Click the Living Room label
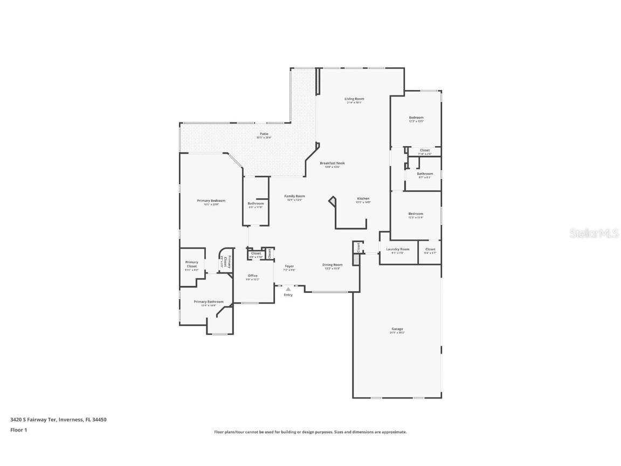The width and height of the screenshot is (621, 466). tap(354, 99)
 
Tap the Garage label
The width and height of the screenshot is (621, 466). tap(397, 329)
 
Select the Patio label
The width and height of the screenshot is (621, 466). tap(264, 134)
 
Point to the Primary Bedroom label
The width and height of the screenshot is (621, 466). tap(211, 201)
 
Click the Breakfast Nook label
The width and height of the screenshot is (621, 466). tap(332, 163)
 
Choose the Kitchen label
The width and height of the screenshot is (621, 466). tap(363, 198)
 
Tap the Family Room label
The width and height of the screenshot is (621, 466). tap(295, 196)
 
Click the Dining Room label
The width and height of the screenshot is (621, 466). tap(332, 265)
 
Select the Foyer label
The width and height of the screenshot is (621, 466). tap(289, 266)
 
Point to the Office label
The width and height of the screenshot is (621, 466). tap(253, 276)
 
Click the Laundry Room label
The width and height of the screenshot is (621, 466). tap(397, 249)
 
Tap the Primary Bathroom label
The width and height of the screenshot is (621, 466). tap(208, 302)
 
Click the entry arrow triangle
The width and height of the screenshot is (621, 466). tap(288, 289)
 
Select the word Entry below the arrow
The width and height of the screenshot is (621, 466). tap(288, 294)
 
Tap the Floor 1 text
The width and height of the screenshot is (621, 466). tap(18, 430)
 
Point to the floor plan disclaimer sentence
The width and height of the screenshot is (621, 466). tap(310, 432)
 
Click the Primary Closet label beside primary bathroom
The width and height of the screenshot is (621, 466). tap(191, 264)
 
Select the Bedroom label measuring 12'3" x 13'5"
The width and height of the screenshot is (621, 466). tap(416, 118)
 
